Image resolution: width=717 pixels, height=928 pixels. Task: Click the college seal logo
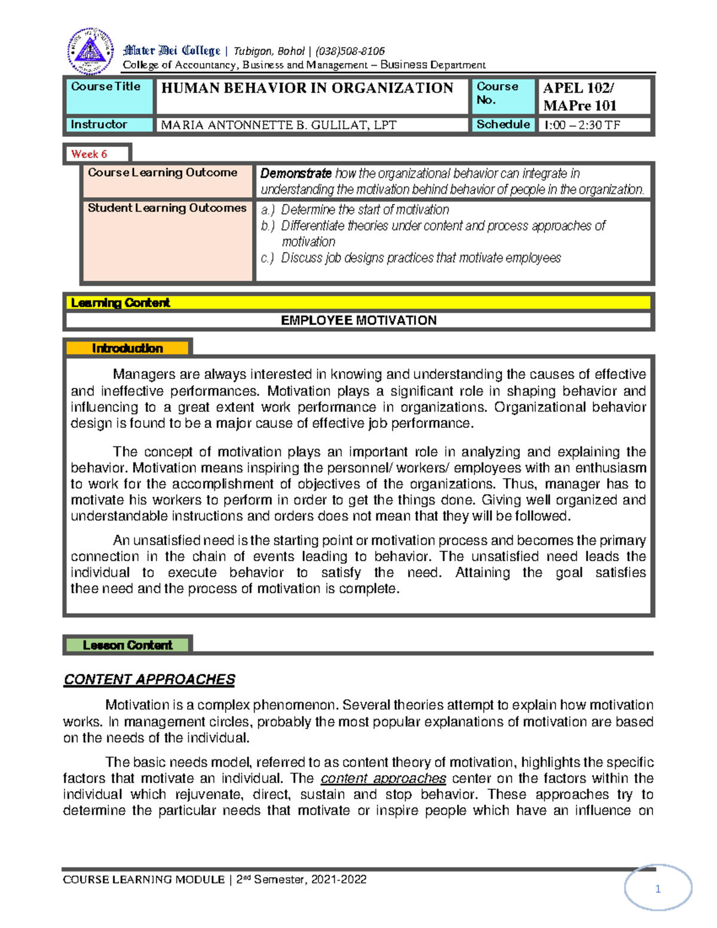point(90,51)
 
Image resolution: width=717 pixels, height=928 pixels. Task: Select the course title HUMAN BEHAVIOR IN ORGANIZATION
point(307,88)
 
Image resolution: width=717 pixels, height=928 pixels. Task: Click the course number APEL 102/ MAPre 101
point(580,97)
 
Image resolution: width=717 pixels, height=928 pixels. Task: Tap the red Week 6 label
point(89,154)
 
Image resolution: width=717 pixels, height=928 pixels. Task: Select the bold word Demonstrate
point(296,173)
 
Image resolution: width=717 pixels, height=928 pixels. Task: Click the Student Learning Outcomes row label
point(167,208)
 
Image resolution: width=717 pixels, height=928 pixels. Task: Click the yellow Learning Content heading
point(121,303)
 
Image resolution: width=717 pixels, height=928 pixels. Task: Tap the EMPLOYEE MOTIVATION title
point(358,320)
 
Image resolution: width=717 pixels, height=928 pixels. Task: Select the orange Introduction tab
point(127,348)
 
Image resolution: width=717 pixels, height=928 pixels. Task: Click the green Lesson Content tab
point(127,645)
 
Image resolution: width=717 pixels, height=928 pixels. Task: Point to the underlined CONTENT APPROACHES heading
point(149,679)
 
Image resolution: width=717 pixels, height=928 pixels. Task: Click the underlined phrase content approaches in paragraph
point(384,779)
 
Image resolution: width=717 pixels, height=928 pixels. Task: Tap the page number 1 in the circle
point(658,889)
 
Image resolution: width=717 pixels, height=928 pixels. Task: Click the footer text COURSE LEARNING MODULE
point(143,880)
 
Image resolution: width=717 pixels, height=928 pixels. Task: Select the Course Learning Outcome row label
point(163,173)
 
